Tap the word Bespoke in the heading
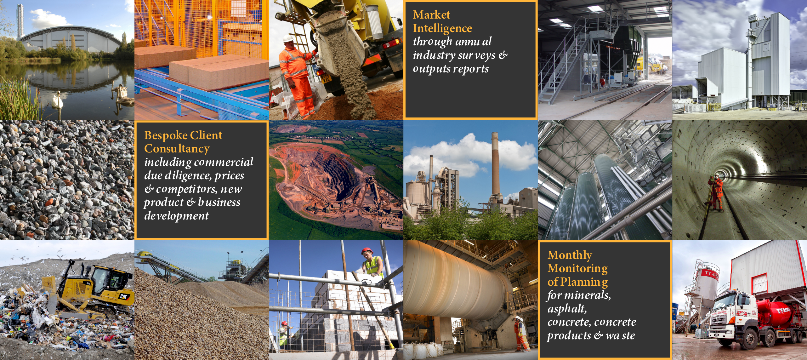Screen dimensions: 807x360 [x=166, y=135]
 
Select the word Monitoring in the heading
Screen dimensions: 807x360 [x=577, y=268]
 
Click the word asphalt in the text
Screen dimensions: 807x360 [x=567, y=309]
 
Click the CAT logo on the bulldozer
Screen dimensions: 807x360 [x=123, y=296]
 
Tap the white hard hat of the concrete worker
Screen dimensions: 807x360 [x=288, y=38]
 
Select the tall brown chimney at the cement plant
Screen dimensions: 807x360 [x=495, y=164]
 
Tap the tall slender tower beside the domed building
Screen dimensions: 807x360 [x=20, y=21]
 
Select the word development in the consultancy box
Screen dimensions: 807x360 [x=176, y=216]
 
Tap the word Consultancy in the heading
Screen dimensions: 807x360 [x=177, y=149]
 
